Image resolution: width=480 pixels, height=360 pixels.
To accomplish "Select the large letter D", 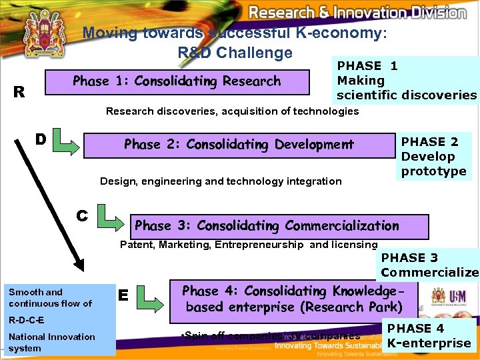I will tap(41, 139).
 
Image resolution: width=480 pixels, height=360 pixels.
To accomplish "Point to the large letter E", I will tap(123, 295).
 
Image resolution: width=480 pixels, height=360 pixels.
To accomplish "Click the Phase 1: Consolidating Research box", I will tap(177, 81).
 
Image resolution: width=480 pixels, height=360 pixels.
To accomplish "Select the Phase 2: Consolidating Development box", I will tap(238, 145).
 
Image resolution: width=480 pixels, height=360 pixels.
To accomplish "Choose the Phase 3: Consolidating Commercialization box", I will tap(267, 225).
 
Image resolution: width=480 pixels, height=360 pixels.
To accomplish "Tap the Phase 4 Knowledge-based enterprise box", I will tap(293, 299).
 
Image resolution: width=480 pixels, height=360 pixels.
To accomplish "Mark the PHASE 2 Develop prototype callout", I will tap(433, 156).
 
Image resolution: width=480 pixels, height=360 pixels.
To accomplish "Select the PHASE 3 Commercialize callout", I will tap(429, 265).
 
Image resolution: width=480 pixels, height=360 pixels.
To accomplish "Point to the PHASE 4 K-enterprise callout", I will tap(429, 335).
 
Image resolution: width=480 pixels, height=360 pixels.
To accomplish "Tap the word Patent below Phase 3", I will tap(137, 245).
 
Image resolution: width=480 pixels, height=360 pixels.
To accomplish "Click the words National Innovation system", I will tap(52, 342).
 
